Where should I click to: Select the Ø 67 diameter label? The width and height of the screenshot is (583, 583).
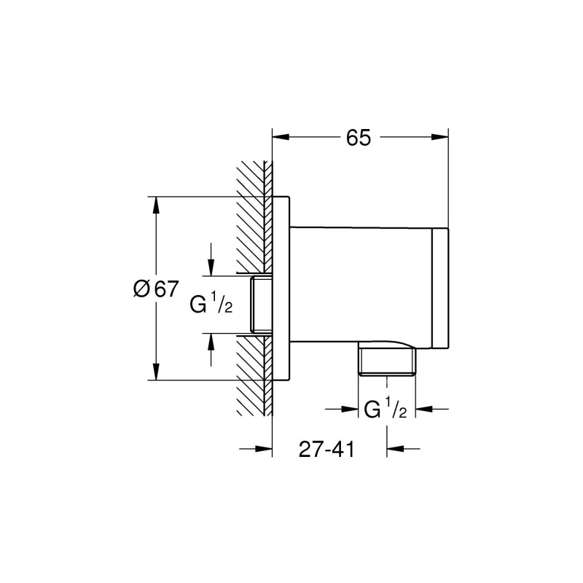[156, 288]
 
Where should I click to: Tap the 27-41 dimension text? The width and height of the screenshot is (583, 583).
[326, 450]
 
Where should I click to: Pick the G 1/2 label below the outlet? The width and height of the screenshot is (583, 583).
[385, 410]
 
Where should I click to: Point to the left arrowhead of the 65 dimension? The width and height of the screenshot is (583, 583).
[281, 136]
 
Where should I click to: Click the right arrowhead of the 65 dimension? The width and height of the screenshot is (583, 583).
[439, 136]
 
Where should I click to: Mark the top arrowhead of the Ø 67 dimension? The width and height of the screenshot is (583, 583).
[155, 206]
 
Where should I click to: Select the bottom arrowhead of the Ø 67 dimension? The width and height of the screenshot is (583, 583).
[155, 371]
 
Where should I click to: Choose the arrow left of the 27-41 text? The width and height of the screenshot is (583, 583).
[262, 449]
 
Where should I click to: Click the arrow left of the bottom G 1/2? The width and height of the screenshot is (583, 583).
[352, 410]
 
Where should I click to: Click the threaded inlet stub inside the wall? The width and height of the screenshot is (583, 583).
[260, 305]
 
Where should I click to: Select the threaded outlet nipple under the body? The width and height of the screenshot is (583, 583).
[387, 361]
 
